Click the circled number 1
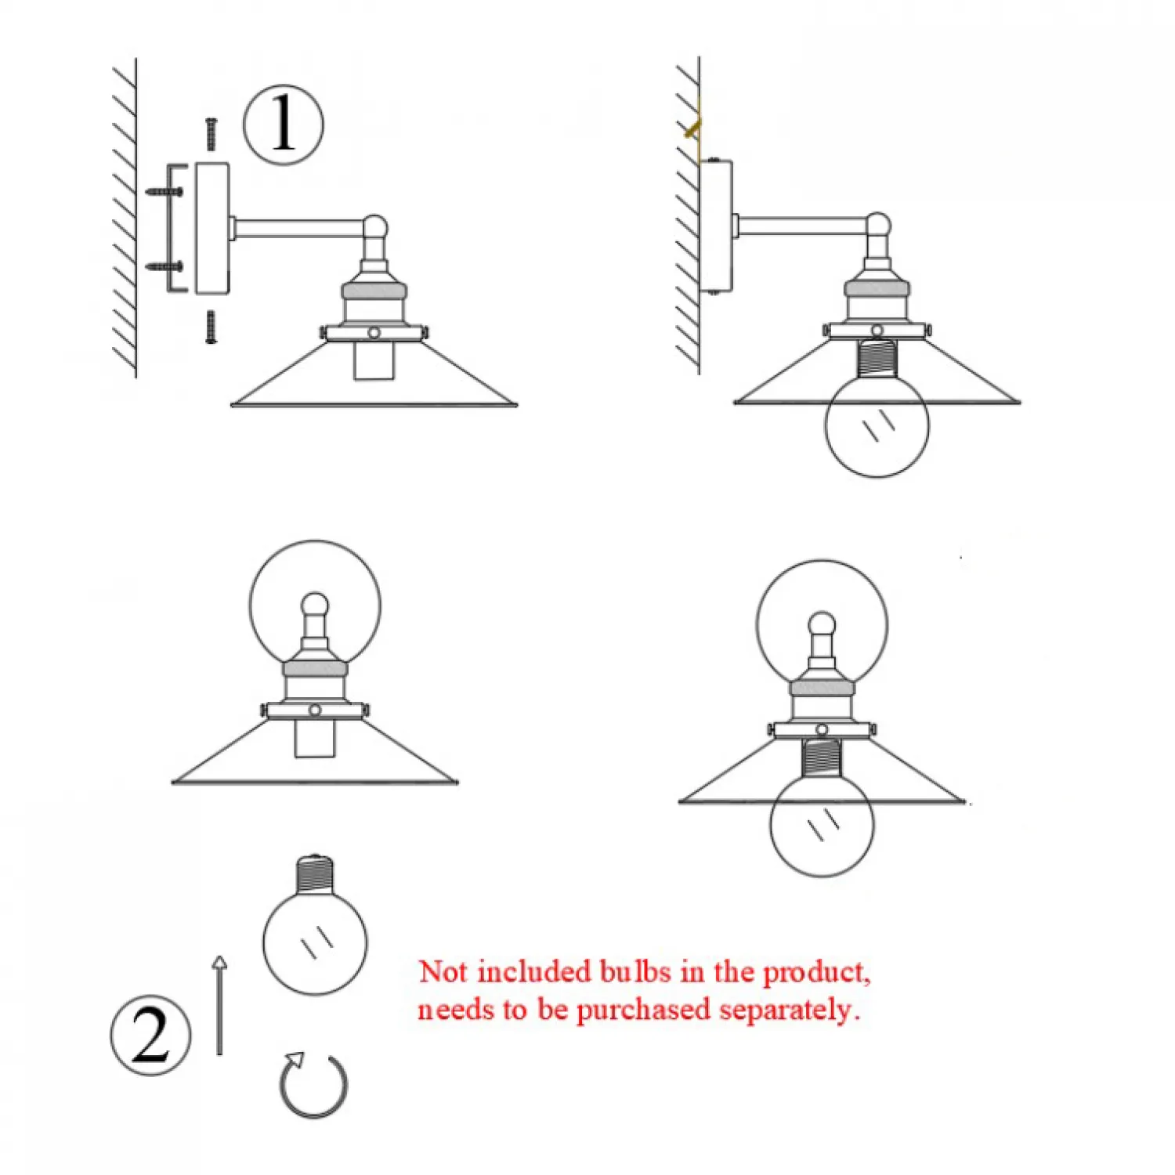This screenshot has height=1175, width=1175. (283, 125)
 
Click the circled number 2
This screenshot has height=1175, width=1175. (150, 1035)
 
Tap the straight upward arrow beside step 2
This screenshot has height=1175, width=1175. (219, 1005)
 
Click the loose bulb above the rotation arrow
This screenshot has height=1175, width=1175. (315, 924)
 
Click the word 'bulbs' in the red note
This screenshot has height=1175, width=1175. (635, 971)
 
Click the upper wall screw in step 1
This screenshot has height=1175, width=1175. (164, 190)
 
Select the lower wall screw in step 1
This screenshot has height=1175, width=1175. (164, 266)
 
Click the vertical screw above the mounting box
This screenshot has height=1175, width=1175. (211, 134)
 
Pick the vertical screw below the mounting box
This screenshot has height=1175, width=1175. (211, 327)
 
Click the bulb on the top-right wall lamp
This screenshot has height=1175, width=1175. (877, 425)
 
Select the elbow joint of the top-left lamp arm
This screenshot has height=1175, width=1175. (375, 228)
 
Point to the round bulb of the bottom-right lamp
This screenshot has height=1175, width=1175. (822, 826)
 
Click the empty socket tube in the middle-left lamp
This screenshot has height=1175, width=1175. (314, 739)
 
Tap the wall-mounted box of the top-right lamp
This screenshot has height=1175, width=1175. (716, 226)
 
